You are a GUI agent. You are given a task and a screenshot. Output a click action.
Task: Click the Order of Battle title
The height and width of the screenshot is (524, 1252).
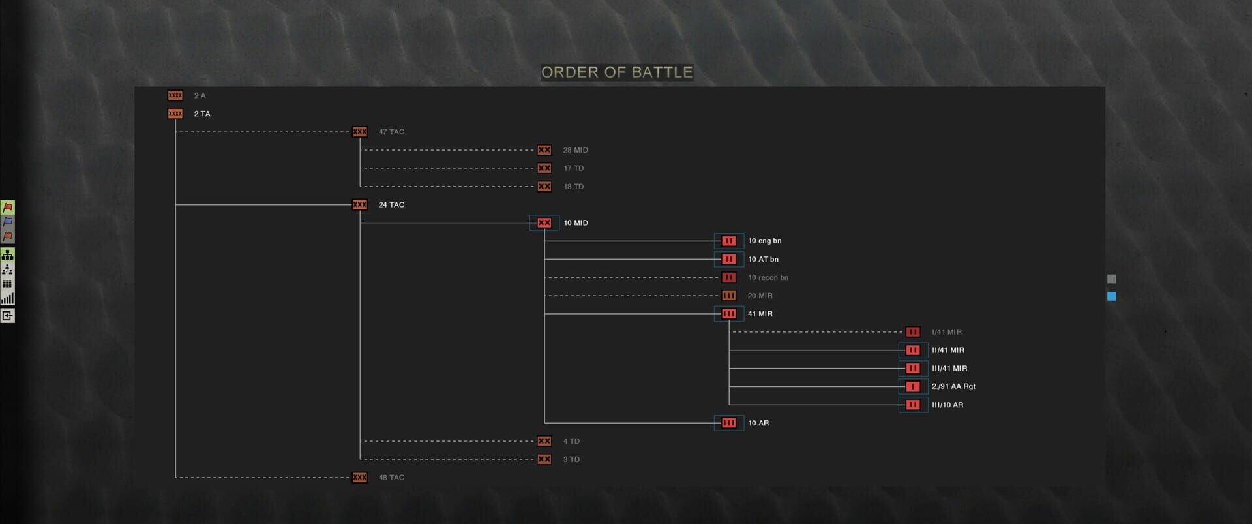click(617, 72)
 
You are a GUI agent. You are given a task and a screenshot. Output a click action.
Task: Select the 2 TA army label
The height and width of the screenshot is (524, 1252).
click(202, 114)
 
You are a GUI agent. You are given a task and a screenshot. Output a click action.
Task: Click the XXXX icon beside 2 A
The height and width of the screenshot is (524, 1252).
click(175, 95)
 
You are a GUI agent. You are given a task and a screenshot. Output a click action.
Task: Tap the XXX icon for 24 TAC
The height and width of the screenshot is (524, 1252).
click(359, 205)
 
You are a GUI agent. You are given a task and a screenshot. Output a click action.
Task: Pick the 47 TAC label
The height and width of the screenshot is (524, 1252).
click(391, 132)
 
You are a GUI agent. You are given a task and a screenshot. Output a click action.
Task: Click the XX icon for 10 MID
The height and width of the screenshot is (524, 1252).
click(544, 223)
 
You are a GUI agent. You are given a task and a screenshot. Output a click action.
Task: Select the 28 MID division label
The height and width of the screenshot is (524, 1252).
click(575, 150)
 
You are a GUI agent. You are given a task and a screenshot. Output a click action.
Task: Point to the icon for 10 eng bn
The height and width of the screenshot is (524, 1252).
click(728, 241)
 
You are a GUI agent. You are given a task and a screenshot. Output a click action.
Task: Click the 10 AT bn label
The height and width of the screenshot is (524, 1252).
click(763, 259)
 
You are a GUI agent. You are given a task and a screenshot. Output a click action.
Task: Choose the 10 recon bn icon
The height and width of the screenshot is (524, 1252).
click(728, 277)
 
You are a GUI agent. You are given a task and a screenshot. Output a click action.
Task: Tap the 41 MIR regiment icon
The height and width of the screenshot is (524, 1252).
click(728, 314)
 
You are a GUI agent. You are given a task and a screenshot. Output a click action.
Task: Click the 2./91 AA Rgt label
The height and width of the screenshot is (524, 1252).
click(953, 386)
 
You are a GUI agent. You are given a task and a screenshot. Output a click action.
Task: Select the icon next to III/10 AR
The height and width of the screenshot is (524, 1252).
click(913, 405)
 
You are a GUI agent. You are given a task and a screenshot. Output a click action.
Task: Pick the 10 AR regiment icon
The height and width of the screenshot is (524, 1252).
click(728, 423)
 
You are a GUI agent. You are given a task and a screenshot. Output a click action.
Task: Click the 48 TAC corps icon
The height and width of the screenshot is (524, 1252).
click(359, 478)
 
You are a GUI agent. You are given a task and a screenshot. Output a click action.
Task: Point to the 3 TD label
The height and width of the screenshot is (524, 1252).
click(571, 459)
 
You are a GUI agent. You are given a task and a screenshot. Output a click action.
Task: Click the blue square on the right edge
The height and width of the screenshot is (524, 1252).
click(1112, 296)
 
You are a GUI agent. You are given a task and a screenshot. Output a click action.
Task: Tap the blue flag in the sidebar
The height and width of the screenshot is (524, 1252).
click(8, 222)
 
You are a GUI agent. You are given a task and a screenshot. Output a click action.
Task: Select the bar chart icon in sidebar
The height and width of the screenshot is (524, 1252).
click(8, 299)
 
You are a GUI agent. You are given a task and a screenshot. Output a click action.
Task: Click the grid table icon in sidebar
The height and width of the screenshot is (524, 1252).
click(8, 284)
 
